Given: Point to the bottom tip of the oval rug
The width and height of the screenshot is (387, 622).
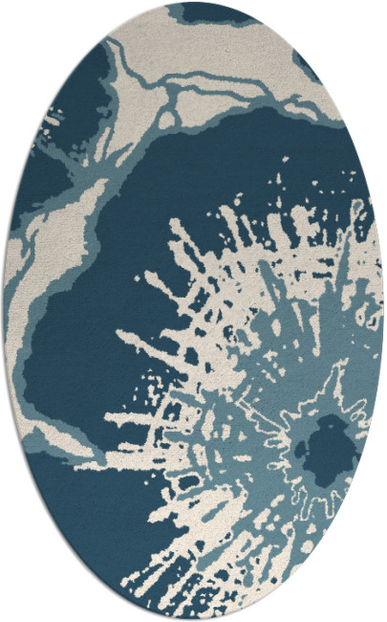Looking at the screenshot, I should pos(194,619).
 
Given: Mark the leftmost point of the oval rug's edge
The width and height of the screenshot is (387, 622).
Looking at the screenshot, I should pos(4,311).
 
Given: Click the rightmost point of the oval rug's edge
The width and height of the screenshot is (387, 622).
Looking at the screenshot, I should pos(383,311).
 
